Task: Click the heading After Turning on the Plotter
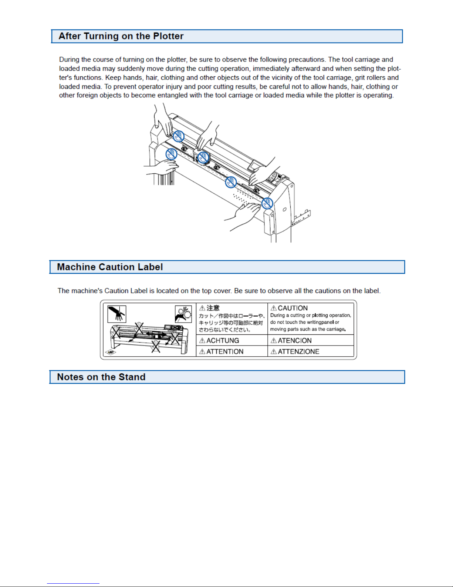point(121,36)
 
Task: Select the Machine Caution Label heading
point(110,267)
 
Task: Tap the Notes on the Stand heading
point(101,377)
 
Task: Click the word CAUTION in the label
point(293,308)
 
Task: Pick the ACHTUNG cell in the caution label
point(231,340)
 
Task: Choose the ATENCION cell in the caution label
point(311,340)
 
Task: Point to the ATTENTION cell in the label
point(231,351)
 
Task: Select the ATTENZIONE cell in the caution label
point(311,351)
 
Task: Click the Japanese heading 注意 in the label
point(213,308)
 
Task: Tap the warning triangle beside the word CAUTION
point(273,308)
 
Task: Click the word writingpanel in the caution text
point(320,322)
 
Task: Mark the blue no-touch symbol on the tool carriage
point(203,157)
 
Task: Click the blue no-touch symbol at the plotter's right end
point(267,203)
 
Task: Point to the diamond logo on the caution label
point(111,352)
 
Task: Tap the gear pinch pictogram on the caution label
point(183,314)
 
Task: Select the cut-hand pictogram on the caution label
point(117,314)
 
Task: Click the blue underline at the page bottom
point(73,584)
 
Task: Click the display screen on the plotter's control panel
point(254,165)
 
